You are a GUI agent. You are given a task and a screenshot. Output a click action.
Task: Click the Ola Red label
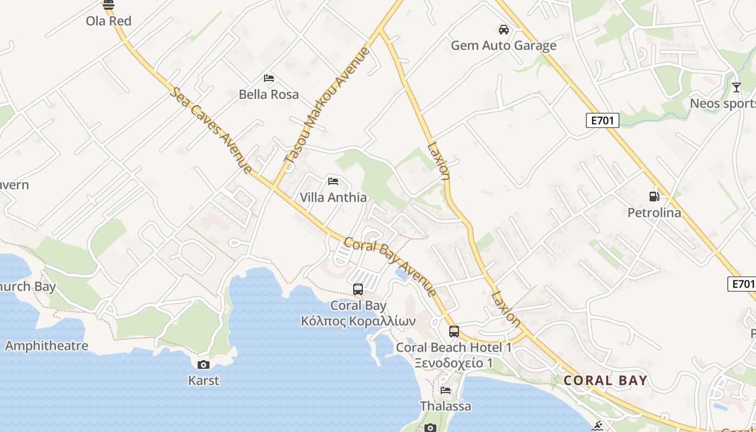109,21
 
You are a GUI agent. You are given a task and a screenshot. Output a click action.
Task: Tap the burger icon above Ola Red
109,5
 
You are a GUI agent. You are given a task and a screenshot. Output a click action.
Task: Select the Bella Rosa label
268,94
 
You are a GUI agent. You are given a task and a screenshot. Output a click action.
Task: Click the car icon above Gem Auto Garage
504,29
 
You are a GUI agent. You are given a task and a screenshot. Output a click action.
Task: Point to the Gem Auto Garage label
503,45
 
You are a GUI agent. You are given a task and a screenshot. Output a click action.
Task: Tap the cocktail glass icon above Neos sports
736,87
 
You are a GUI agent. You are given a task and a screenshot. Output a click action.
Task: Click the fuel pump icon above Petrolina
654,197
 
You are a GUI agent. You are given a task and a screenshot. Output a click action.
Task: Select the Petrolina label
654,213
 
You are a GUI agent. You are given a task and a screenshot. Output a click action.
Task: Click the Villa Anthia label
333,198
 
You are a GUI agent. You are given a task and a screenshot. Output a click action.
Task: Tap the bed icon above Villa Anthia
333,181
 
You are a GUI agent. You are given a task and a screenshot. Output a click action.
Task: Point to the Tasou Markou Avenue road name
327,105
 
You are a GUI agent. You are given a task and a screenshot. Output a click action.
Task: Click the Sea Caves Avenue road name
211,130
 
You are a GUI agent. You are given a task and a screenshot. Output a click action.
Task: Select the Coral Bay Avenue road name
390,267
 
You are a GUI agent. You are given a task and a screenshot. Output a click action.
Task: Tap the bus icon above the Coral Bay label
358,289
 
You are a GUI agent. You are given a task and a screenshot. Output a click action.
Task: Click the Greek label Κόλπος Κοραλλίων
358,321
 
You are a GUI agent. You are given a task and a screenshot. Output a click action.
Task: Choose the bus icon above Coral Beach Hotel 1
454,331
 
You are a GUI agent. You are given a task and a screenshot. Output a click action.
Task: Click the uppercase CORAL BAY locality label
605,380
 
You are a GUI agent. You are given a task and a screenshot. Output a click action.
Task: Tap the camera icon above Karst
204,364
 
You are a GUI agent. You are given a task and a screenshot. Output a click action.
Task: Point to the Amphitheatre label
46,346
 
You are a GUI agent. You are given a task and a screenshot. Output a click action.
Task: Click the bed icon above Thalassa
446,390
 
